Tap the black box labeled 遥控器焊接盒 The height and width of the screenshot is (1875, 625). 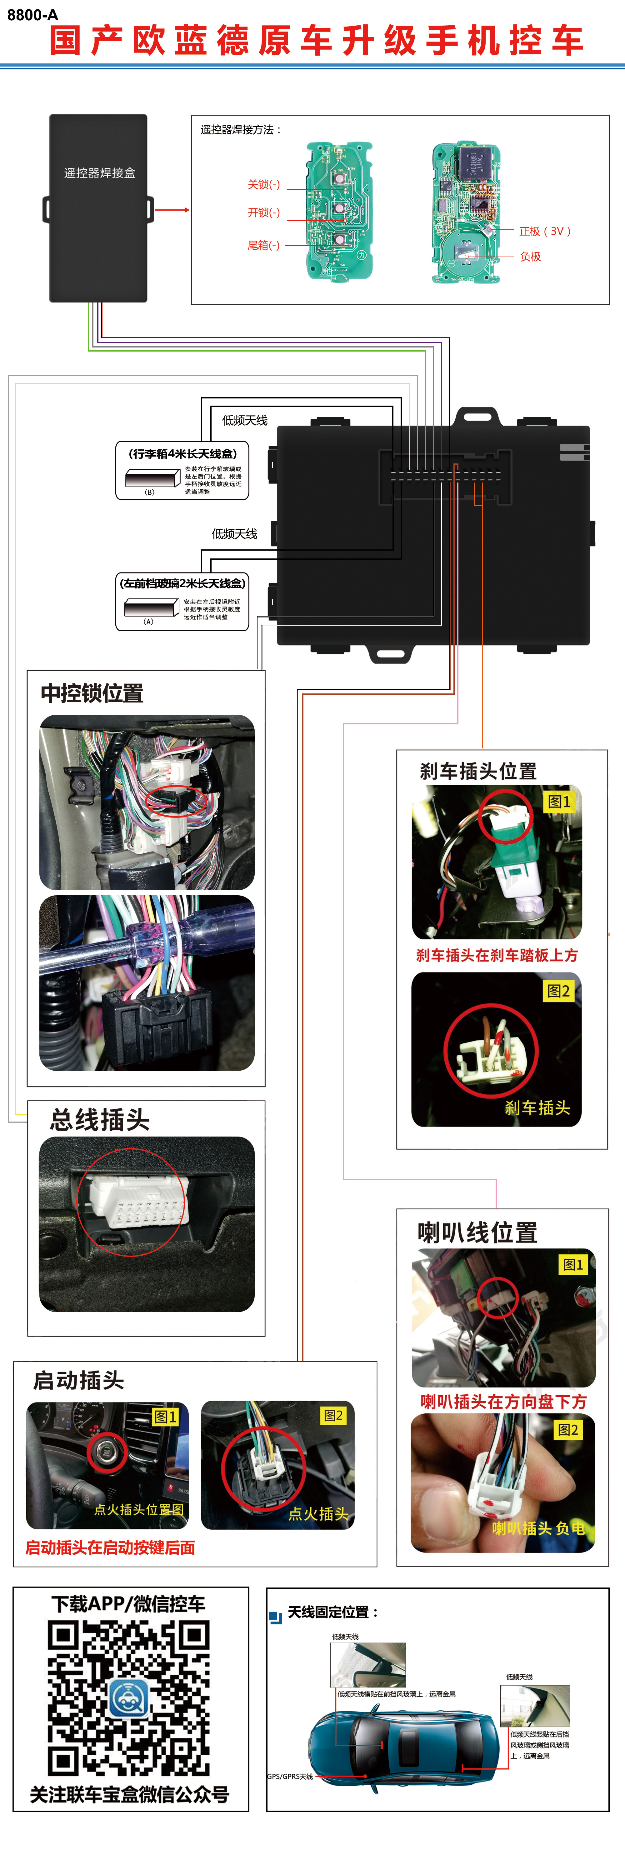coord(98,208)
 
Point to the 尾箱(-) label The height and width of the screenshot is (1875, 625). coord(263,245)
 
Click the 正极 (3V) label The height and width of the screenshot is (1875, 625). coord(544,232)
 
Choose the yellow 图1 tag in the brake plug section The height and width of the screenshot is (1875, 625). coord(559,801)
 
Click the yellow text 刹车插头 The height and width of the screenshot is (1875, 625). coord(537,1108)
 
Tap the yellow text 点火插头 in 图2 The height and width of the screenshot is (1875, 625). coord(318,1514)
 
